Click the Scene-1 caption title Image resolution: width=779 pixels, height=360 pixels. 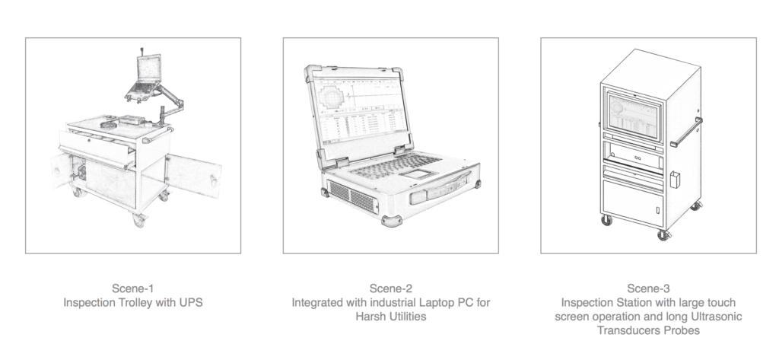[x=132, y=288]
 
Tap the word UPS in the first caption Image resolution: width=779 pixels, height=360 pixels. [x=192, y=302]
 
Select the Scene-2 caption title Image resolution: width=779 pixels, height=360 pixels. [x=390, y=288]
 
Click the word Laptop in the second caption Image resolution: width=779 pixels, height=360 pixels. [x=436, y=302]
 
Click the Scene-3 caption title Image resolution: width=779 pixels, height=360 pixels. [x=648, y=288]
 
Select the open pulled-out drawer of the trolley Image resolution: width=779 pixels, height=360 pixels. [x=97, y=148]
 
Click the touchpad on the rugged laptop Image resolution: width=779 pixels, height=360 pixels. [x=418, y=174]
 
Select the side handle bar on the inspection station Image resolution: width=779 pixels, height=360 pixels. [x=687, y=132]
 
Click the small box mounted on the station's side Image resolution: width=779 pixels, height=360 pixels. [x=675, y=180]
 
